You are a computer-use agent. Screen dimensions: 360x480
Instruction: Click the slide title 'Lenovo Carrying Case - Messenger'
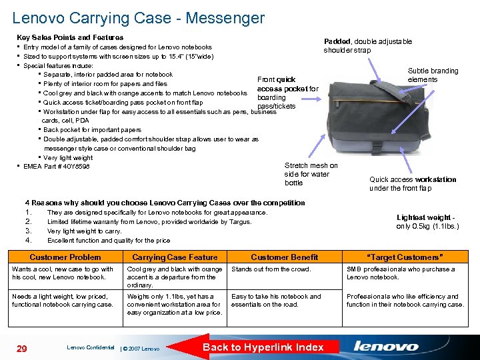pos(138,19)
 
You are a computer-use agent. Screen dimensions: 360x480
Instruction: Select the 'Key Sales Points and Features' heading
pos(70,37)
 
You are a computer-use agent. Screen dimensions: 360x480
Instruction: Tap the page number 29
pos(22,347)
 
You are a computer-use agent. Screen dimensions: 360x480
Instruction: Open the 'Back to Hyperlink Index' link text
pos(263,347)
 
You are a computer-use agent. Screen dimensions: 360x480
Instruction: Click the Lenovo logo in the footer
pos(386,346)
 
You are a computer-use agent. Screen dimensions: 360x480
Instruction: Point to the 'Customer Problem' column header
pos(65,257)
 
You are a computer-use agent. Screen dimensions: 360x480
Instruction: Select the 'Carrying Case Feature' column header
pos(175,257)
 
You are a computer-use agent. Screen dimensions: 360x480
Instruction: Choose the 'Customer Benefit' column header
pos(285,257)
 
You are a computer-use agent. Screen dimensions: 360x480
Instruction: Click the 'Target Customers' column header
pos(405,257)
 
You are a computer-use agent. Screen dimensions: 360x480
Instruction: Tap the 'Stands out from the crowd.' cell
pos(271,269)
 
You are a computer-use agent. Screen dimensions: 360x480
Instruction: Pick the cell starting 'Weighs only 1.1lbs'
pos(174,304)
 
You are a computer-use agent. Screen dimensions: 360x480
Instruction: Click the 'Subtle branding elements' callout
pos(433,75)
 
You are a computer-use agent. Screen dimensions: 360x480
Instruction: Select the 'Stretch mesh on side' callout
pos(311,174)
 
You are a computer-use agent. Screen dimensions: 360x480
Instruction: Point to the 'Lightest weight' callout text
pos(427,222)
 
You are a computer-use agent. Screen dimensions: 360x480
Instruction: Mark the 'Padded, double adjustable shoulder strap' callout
pos(367,45)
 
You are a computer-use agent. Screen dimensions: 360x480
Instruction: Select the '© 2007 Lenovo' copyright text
pos(141,349)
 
